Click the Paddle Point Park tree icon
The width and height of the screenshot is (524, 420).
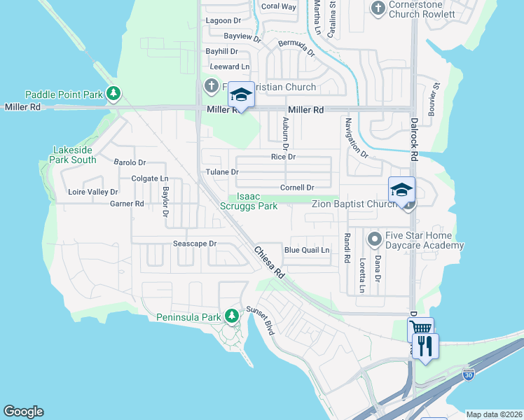click(113, 94)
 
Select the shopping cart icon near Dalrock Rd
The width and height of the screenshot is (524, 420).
click(420, 328)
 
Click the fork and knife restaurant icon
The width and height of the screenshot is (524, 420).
click(425, 346)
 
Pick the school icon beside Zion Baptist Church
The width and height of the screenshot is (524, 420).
click(402, 190)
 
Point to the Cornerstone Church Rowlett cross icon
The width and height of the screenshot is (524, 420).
click(378, 8)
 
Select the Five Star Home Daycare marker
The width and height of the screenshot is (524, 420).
click(374, 240)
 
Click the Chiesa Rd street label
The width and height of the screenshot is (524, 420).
click(268, 263)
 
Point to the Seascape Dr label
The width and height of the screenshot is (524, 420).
click(195, 244)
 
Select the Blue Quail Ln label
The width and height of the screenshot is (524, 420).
click(306, 250)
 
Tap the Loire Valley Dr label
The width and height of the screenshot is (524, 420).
click(92, 192)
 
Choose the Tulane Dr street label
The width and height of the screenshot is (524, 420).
click(222, 171)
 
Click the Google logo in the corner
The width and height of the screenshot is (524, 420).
click(23, 412)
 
